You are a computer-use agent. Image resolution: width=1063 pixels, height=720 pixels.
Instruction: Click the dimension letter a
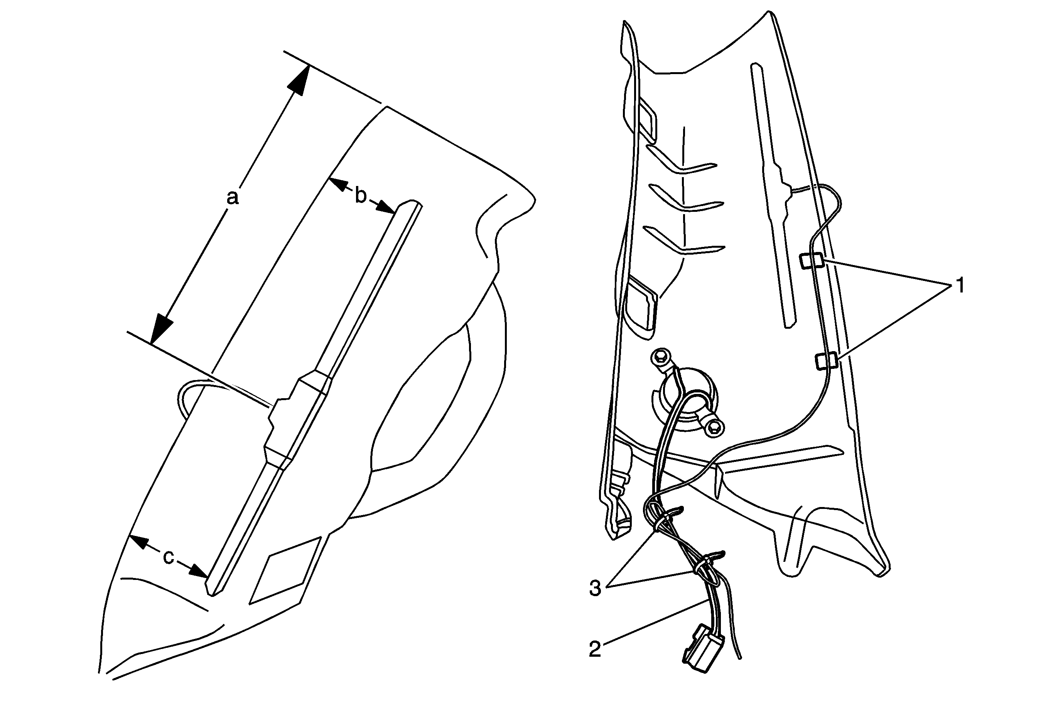tap(233, 198)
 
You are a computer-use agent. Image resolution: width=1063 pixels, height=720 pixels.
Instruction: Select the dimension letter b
tap(361, 195)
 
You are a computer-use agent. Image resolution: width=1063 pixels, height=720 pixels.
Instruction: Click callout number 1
tap(960, 286)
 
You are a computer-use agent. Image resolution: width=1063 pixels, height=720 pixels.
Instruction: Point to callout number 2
tap(595, 649)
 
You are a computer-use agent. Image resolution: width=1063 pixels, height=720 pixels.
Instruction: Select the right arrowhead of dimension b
tap(385, 207)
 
